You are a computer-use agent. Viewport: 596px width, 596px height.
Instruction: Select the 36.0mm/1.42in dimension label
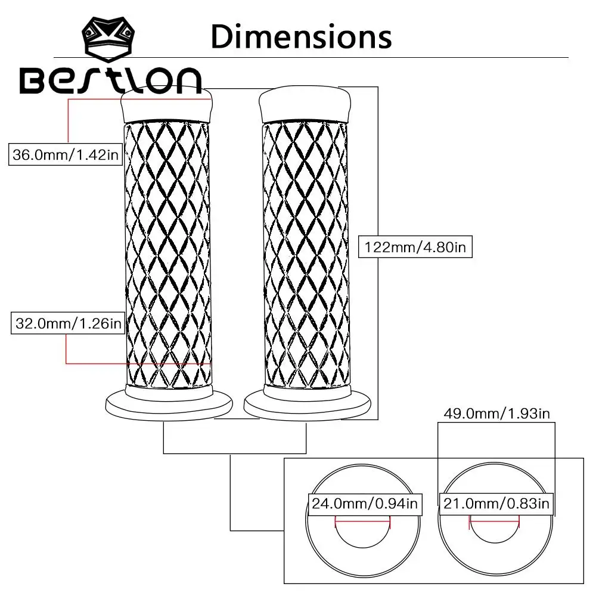coord(67,155)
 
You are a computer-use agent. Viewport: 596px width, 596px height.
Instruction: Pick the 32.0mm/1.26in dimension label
coord(67,324)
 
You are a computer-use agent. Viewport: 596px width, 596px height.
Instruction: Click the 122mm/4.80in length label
coord(415,247)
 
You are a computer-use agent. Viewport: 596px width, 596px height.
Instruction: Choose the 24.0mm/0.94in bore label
coord(365,504)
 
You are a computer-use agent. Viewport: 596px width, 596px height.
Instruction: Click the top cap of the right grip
coord(304,105)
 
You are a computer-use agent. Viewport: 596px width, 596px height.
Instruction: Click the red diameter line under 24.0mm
coord(362,520)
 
